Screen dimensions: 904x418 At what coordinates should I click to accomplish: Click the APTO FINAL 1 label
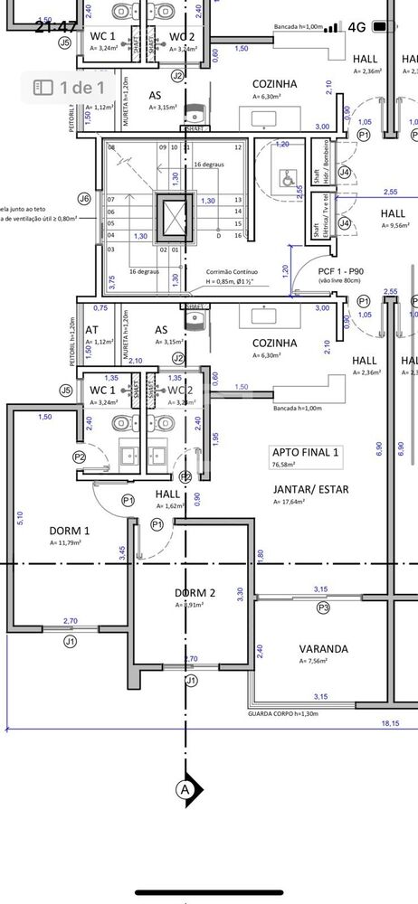[305, 452]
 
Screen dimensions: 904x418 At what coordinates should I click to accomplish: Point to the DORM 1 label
[69, 531]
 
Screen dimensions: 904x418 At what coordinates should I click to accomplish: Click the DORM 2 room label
[195, 593]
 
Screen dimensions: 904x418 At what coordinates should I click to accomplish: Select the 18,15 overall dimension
[390, 723]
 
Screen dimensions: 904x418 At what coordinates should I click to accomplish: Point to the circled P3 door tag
[323, 608]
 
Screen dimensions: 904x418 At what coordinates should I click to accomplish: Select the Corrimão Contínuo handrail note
[233, 271]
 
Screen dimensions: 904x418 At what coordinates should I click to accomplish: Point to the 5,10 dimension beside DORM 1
[20, 517]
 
